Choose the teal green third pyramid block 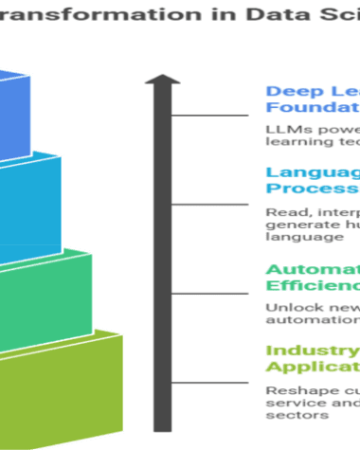[43, 289]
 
